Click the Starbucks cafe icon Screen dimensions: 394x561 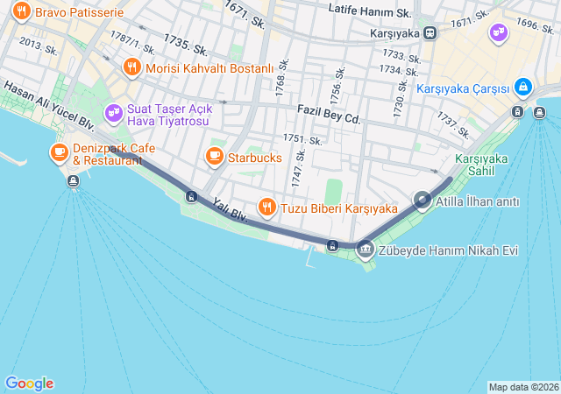pyautogui.click(x=214, y=157)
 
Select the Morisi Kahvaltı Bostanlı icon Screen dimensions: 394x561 pyautogui.click(x=132, y=67)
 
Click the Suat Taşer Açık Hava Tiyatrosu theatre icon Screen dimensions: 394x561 pyautogui.click(x=113, y=112)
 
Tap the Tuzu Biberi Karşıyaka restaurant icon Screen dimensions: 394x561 pyautogui.click(x=266, y=208)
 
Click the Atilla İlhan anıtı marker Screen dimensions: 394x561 pyautogui.click(x=423, y=201)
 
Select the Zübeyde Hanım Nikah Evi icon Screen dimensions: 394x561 pyautogui.click(x=365, y=250)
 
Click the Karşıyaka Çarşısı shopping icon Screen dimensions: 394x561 pyautogui.click(x=522, y=88)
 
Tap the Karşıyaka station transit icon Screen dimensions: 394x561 pyautogui.click(x=430, y=32)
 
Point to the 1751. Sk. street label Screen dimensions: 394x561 pyautogui.click(x=302, y=140)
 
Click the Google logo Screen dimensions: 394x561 pyautogui.click(x=29, y=383)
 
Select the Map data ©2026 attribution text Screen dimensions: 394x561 pyautogui.click(x=522, y=387)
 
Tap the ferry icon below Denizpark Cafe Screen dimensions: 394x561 pyautogui.click(x=72, y=181)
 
